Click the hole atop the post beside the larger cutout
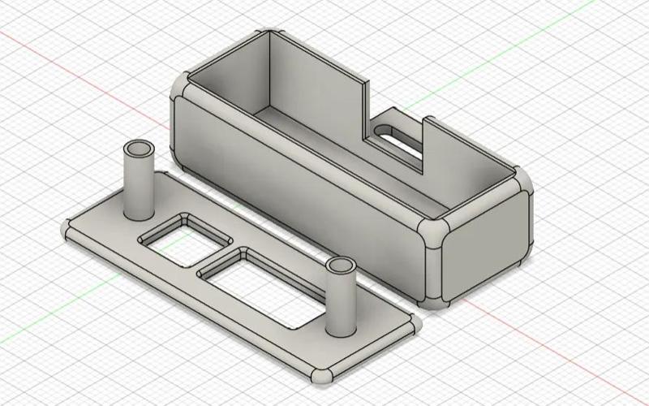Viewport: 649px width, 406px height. (x=341, y=267)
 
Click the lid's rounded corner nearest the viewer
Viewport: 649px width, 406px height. (x=320, y=376)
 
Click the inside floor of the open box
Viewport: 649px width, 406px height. (x=341, y=154)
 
